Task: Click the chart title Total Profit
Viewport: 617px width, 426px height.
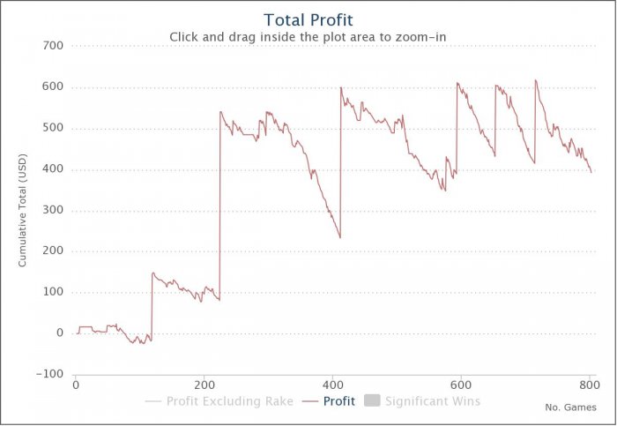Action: click(x=308, y=19)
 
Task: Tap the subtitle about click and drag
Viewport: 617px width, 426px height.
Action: click(x=308, y=36)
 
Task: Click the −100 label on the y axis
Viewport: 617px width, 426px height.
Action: click(x=49, y=374)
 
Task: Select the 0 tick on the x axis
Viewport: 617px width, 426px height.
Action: click(x=76, y=385)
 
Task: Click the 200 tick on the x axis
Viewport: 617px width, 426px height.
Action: click(x=204, y=385)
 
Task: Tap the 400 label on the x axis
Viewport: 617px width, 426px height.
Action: click(x=332, y=385)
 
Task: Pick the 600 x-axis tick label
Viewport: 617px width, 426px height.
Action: click(x=461, y=385)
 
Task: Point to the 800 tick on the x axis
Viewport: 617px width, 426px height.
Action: click(x=589, y=385)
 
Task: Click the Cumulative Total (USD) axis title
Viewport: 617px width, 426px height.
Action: click(x=22, y=210)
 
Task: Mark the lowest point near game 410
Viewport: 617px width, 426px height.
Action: click(x=339, y=237)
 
